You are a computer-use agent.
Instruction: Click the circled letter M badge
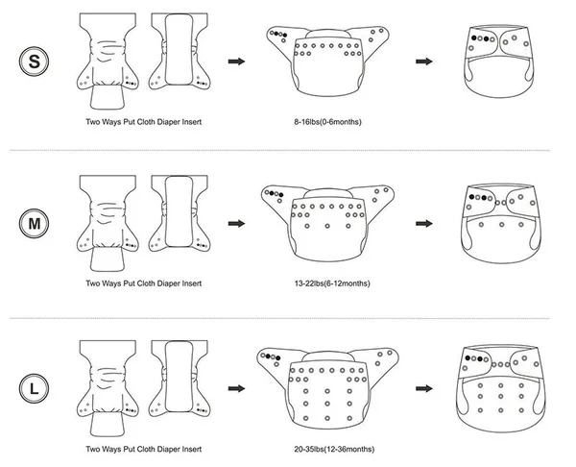[x=36, y=225]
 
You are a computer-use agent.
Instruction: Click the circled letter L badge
[x=36, y=389]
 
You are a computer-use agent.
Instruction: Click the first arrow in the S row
[x=232, y=61]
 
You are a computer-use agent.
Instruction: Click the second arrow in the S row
[x=421, y=61]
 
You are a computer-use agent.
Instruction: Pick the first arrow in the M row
[x=232, y=224]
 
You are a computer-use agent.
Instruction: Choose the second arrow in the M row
[x=421, y=224]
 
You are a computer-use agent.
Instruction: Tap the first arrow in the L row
[x=232, y=389]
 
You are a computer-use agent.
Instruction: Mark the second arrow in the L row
[x=421, y=389]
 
